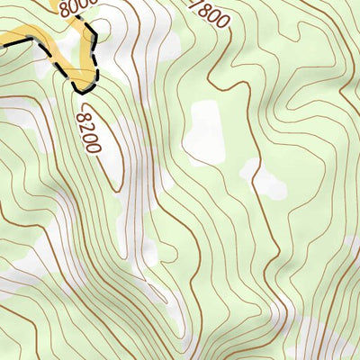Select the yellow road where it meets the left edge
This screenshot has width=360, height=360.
[x=3, y=40]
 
